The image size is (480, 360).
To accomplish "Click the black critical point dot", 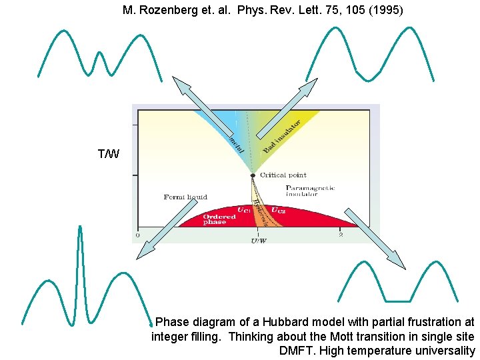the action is point(253,176).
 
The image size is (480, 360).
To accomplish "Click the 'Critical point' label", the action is point(283,175).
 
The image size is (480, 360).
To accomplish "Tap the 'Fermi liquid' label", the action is point(185,197).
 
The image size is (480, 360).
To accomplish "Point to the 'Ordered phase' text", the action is point(219,219).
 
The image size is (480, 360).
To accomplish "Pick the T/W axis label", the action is point(109,155).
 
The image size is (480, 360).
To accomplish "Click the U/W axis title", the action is point(259,241).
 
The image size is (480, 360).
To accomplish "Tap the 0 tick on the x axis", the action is point(138,235).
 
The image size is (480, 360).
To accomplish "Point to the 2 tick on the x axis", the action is point(341,235).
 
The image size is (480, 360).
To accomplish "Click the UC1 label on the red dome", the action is point(244,210).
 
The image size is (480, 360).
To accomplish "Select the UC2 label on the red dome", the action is point(279,210).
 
